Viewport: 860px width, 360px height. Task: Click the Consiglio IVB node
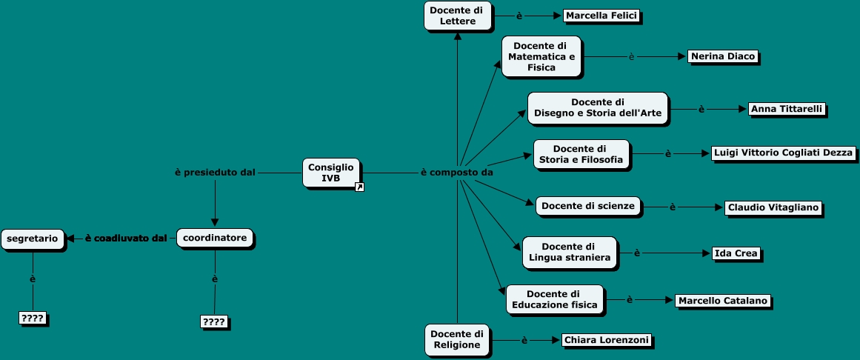pyautogui.click(x=331, y=173)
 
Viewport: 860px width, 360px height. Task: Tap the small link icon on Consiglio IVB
pyautogui.click(x=359, y=187)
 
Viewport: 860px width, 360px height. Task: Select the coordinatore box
pyautogui.click(x=215, y=238)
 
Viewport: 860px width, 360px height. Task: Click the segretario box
pyautogui.click(x=33, y=238)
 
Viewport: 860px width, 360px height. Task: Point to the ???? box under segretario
pyautogui.click(x=33, y=319)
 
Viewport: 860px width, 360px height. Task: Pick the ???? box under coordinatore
pyautogui.click(x=214, y=321)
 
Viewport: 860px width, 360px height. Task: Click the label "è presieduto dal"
pyautogui.click(x=215, y=173)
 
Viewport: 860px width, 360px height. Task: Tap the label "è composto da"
pyautogui.click(x=457, y=173)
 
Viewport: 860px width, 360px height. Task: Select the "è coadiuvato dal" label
pyautogui.click(x=125, y=238)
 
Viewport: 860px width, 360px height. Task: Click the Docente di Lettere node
pyautogui.click(x=457, y=16)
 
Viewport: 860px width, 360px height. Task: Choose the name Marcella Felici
pyautogui.click(x=601, y=16)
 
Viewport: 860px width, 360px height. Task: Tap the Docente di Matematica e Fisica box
pyautogui.click(x=541, y=56)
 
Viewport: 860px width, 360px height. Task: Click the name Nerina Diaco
pyautogui.click(x=721, y=56)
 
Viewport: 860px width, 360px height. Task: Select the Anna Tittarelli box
pyautogui.click(x=785, y=109)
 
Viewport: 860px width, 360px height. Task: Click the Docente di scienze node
pyautogui.click(x=587, y=206)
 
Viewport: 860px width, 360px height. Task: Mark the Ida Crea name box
pyautogui.click(x=736, y=253)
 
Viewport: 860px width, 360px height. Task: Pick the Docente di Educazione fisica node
pyautogui.click(x=553, y=299)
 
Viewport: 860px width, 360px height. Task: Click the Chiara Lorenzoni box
pyautogui.click(x=606, y=340)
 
